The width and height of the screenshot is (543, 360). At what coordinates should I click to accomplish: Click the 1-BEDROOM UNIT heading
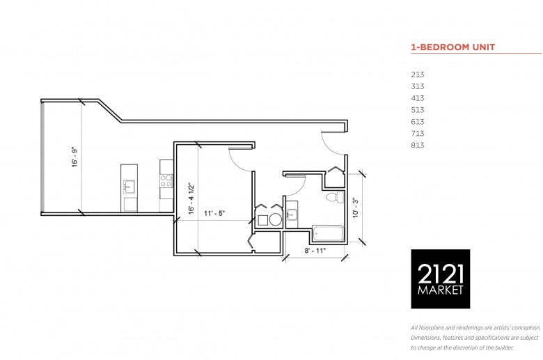coord(453,47)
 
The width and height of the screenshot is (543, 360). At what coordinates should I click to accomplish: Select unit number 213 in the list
coord(418,75)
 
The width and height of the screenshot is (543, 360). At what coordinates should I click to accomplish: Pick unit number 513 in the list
coord(418,110)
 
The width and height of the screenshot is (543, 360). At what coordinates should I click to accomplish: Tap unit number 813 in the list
coord(418,145)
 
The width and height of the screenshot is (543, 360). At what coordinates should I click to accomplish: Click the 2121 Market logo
coord(441,279)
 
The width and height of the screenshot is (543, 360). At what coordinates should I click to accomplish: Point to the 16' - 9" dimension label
coord(74,157)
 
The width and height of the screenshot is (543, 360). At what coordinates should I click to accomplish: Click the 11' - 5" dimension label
coord(214,214)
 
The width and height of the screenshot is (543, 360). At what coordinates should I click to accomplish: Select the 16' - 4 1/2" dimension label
coord(191,199)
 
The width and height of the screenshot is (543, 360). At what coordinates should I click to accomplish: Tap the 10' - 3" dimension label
coord(356,208)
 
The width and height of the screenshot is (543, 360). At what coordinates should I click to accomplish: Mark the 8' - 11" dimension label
coord(315,251)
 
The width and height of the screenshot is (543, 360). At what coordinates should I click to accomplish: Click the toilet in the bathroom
coord(335,197)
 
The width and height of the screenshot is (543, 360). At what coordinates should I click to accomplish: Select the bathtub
coord(328,233)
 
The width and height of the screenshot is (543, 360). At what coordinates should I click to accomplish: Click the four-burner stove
coord(166,181)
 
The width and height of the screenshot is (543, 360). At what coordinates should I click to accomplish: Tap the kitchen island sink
coord(129,187)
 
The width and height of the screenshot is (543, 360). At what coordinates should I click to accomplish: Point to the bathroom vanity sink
coord(292,215)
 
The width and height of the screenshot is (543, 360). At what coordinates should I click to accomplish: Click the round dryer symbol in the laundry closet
coord(276,219)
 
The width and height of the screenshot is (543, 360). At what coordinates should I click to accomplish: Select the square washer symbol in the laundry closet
coord(263,220)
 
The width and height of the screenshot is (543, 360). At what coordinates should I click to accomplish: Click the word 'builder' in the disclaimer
coord(503,347)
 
